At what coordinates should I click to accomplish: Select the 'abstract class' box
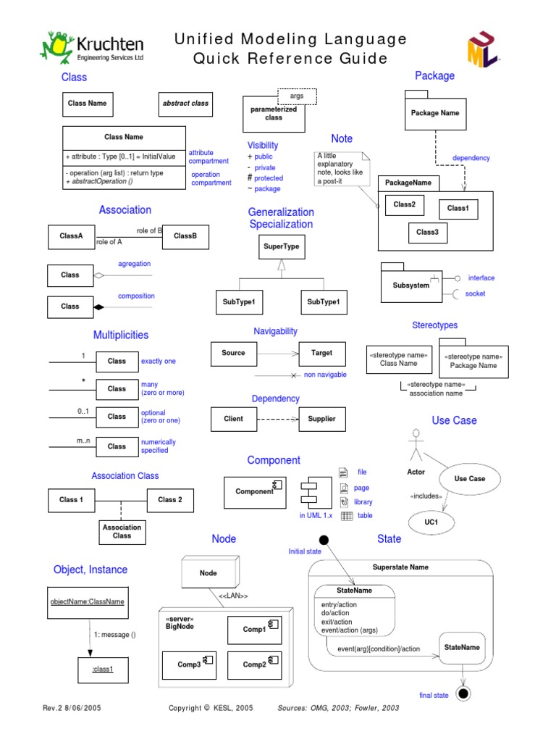185,104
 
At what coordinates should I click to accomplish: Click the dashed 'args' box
297,96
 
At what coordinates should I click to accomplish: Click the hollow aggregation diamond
99,275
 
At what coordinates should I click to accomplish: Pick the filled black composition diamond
99,307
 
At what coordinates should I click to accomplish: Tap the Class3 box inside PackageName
427,233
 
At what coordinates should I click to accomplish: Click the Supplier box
322,419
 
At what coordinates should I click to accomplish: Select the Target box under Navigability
322,353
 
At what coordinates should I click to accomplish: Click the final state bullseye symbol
463,693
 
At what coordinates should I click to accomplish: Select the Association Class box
122,531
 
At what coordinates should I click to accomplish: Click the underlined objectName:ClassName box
87,601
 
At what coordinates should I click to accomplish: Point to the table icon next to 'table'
346,516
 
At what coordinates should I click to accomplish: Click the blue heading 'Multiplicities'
121,335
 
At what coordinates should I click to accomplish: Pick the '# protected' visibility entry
266,178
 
